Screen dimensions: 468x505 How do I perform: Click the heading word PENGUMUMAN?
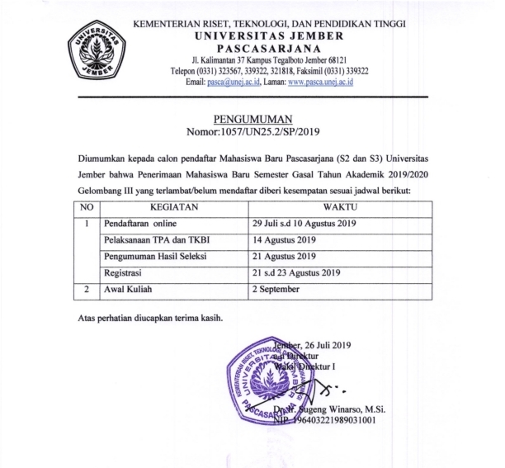252,119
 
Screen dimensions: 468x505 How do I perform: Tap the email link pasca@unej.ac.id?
233,83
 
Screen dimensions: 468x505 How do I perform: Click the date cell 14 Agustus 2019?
286,240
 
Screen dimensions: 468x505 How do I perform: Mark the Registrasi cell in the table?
125,273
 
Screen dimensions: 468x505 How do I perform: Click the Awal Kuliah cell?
129,290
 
